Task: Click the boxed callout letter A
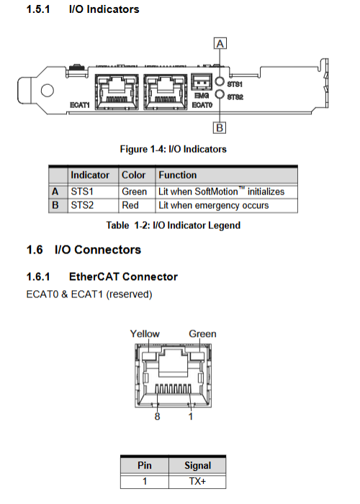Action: point(220,43)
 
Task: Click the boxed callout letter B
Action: point(220,127)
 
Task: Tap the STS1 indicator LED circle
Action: point(220,81)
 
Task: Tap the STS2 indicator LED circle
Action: point(220,94)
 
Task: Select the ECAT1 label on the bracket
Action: point(80,105)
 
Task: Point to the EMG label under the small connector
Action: point(202,96)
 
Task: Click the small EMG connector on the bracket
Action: point(202,82)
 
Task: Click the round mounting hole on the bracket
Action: point(48,90)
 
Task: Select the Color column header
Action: point(133,175)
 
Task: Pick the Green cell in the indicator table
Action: point(135,192)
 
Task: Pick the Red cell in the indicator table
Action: point(130,205)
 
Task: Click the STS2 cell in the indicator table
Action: point(82,205)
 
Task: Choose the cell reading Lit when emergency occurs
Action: point(214,206)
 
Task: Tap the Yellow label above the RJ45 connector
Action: point(145,333)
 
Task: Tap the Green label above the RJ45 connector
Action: point(202,333)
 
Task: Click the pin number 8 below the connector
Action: point(157,417)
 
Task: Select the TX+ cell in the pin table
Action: point(197,481)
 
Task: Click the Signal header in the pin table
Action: point(198,465)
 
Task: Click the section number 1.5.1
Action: point(38,9)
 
